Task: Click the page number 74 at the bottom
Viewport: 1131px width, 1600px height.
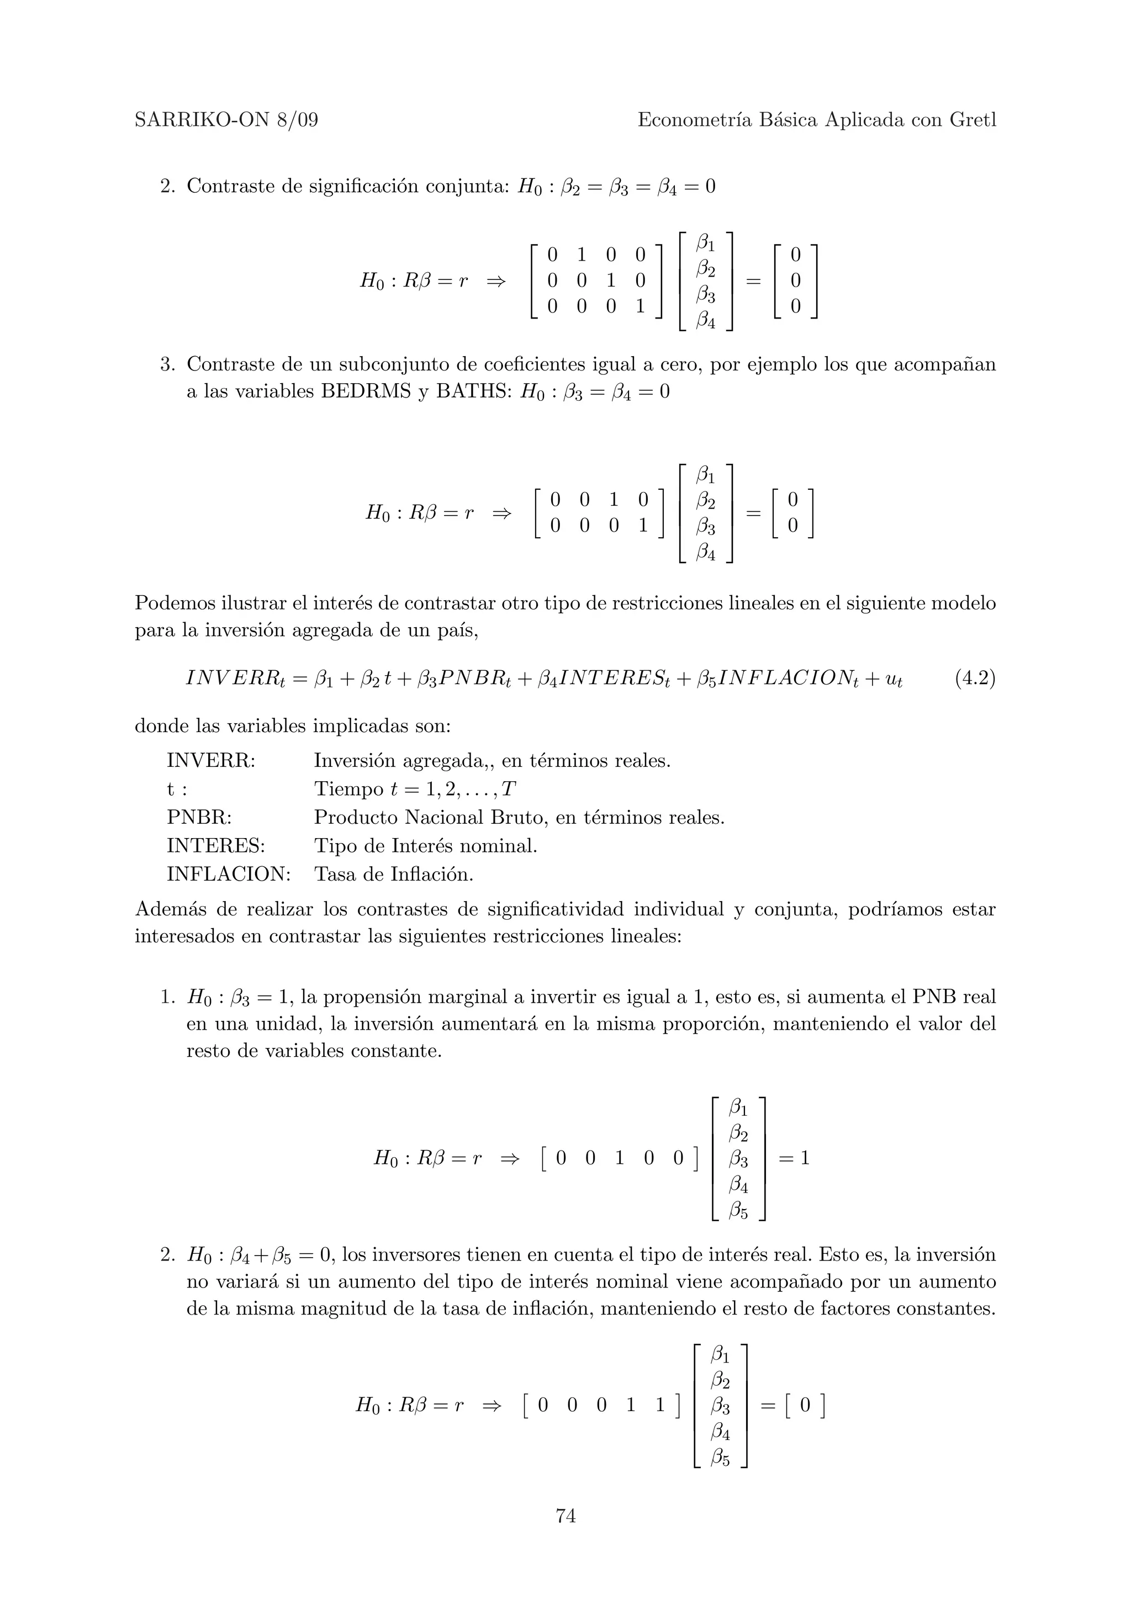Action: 565,1515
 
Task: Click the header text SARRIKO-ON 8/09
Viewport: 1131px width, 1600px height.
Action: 226,120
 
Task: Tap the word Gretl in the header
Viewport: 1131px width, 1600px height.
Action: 973,120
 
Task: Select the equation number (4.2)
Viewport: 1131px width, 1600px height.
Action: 975,678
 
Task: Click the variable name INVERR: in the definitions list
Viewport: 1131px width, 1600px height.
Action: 211,760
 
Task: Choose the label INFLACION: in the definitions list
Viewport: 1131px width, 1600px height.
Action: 229,874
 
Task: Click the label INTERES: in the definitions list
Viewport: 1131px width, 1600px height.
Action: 216,845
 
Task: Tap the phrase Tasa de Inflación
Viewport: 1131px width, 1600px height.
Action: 394,874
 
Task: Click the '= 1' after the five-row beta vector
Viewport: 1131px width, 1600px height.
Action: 794,1158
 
